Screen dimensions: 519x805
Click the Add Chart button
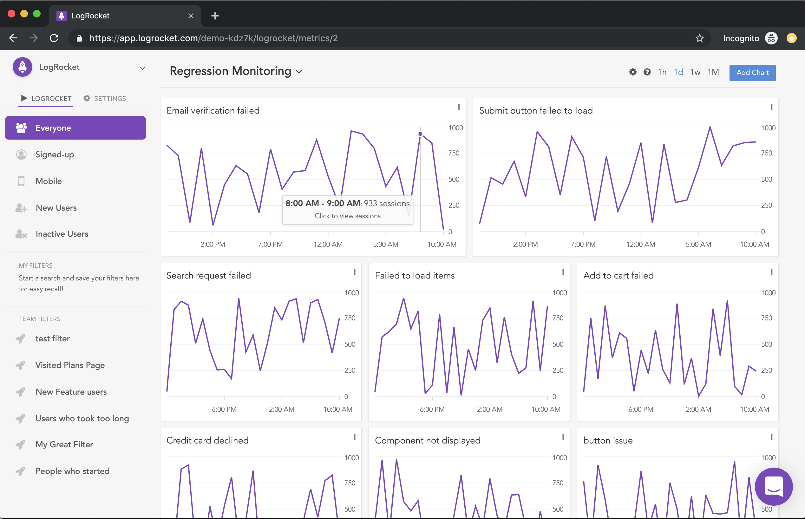[752, 72]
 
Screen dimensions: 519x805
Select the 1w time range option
[695, 72]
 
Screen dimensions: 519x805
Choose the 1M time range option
[713, 72]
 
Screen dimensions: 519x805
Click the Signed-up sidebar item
[55, 154]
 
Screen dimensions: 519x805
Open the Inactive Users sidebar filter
[62, 234]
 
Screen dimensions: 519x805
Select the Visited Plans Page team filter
[70, 365]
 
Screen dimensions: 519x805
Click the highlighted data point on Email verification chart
[420, 134]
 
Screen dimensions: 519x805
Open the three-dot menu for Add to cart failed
[771, 272]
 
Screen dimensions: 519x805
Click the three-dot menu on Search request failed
[355, 272]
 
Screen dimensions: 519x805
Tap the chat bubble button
[773, 486]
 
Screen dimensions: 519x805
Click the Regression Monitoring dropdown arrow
[299, 71]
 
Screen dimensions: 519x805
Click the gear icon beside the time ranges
[632, 72]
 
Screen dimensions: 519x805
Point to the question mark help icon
[647, 72]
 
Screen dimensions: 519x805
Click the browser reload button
[54, 38]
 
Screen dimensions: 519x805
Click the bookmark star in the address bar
[699, 38]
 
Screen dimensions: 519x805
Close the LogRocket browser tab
[191, 16]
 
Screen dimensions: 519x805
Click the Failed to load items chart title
[415, 275]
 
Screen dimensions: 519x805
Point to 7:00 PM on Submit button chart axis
[583, 244]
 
